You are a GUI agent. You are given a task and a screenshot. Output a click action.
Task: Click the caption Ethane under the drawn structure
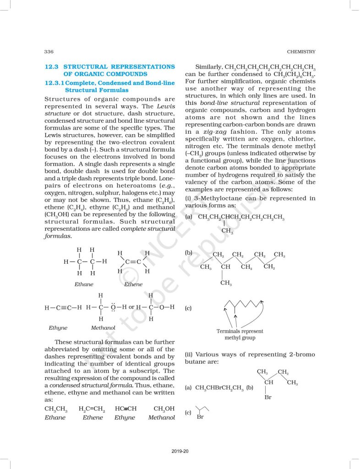[84, 284]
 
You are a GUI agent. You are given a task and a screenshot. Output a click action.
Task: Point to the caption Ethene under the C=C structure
[133, 284]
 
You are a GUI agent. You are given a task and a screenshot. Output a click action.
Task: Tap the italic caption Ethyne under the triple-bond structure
[58, 328]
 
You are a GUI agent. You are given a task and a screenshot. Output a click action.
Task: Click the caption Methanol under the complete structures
[103, 328]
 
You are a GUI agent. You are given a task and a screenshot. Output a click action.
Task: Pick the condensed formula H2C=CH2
[92, 409]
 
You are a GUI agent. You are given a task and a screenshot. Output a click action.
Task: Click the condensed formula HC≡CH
[126, 409]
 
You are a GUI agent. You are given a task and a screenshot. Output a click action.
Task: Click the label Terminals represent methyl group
[240, 334]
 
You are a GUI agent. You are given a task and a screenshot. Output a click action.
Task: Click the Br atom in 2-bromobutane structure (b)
[268, 398]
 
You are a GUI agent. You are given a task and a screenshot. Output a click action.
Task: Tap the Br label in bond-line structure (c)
[200, 417]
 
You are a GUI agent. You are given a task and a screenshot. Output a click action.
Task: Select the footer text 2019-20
[180, 452]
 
